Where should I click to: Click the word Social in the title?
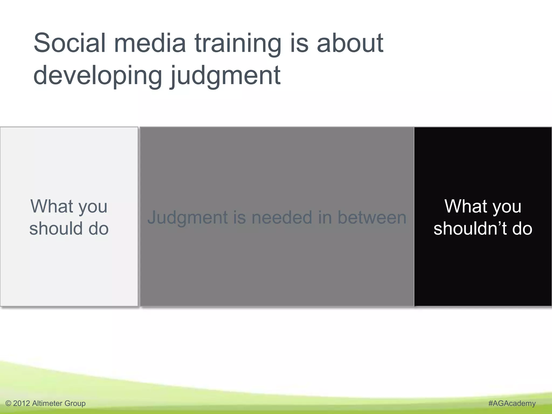[x=69, y=43]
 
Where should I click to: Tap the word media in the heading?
[x=150, y=43]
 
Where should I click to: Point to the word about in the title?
[x=350, y=43]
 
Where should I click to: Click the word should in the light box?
[x=56, y=229]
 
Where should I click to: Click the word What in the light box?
[x=52, y=206]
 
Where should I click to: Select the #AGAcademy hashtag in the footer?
[x=512, y=403]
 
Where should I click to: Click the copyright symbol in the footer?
[x=8, y=403]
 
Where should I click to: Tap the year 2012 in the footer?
[x=21, y=403]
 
